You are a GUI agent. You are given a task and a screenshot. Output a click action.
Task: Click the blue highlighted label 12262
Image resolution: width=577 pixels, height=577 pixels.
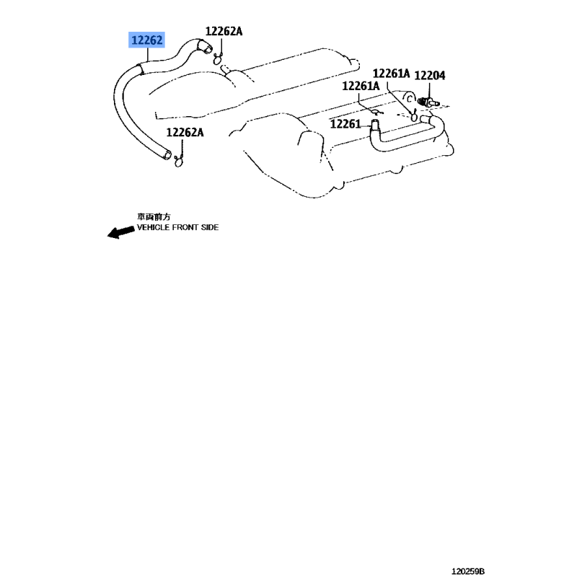[146, 40]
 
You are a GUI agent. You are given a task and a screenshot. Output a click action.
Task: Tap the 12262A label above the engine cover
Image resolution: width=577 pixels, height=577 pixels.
[224, 31]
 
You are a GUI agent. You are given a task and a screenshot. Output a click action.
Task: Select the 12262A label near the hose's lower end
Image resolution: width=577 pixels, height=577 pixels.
[185, 132]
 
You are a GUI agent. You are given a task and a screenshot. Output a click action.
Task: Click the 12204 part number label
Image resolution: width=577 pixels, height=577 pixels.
[429, 76]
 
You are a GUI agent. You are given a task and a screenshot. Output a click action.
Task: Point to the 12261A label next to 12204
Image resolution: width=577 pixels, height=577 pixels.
[391, 74]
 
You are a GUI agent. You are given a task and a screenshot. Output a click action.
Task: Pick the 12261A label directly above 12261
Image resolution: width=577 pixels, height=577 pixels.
[361, 86]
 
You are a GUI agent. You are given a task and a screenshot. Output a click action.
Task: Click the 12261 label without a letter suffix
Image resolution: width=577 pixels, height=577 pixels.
[345, 124]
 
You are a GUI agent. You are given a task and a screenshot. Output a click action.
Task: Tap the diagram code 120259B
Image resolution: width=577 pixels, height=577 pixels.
[468, 571]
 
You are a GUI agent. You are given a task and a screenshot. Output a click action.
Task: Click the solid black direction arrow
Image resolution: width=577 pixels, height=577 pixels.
[120, 232]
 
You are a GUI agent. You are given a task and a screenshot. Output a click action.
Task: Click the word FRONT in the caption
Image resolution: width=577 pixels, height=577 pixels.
[185, 227]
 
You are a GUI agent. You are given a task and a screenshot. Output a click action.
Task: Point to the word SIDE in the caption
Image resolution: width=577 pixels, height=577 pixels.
[210, 227]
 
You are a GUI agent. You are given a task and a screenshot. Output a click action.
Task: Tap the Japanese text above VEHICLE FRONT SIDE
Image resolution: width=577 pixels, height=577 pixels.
[154, 217]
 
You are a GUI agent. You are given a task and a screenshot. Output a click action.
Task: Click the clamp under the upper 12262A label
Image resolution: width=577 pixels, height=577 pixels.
[218, 59]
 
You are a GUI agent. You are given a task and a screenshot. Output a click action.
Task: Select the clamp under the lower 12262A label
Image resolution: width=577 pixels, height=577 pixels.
[178, 161]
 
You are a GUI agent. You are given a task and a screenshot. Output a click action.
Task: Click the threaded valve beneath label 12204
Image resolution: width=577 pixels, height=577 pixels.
[428, 102]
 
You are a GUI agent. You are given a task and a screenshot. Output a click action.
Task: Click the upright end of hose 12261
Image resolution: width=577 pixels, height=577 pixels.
[374, 125]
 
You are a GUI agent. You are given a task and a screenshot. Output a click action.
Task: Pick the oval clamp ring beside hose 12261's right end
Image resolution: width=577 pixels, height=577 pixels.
[414, 117]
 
